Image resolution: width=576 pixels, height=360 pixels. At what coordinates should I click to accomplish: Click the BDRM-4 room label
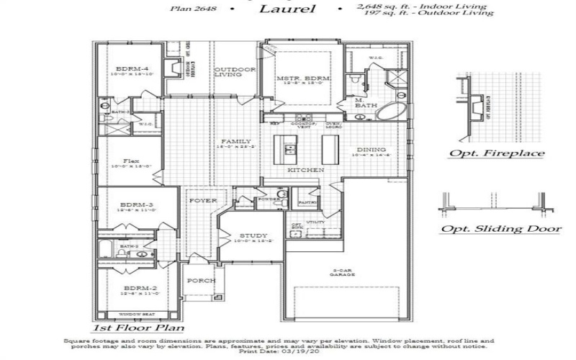123,66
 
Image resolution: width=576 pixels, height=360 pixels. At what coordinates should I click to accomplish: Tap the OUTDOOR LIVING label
230,71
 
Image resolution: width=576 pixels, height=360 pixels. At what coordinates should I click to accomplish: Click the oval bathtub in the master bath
392,112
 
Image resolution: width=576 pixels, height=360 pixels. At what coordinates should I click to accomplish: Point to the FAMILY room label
235,141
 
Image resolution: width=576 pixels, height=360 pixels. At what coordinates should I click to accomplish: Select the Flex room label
130,161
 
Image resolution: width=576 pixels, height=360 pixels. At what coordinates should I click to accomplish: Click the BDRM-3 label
133,205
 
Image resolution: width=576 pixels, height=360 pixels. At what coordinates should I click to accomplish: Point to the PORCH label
198,281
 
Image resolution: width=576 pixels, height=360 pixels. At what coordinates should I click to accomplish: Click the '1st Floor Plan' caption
137,328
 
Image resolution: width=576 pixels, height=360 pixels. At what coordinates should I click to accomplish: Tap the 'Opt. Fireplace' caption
496,153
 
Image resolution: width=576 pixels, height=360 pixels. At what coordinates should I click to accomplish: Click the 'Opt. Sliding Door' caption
500,229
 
